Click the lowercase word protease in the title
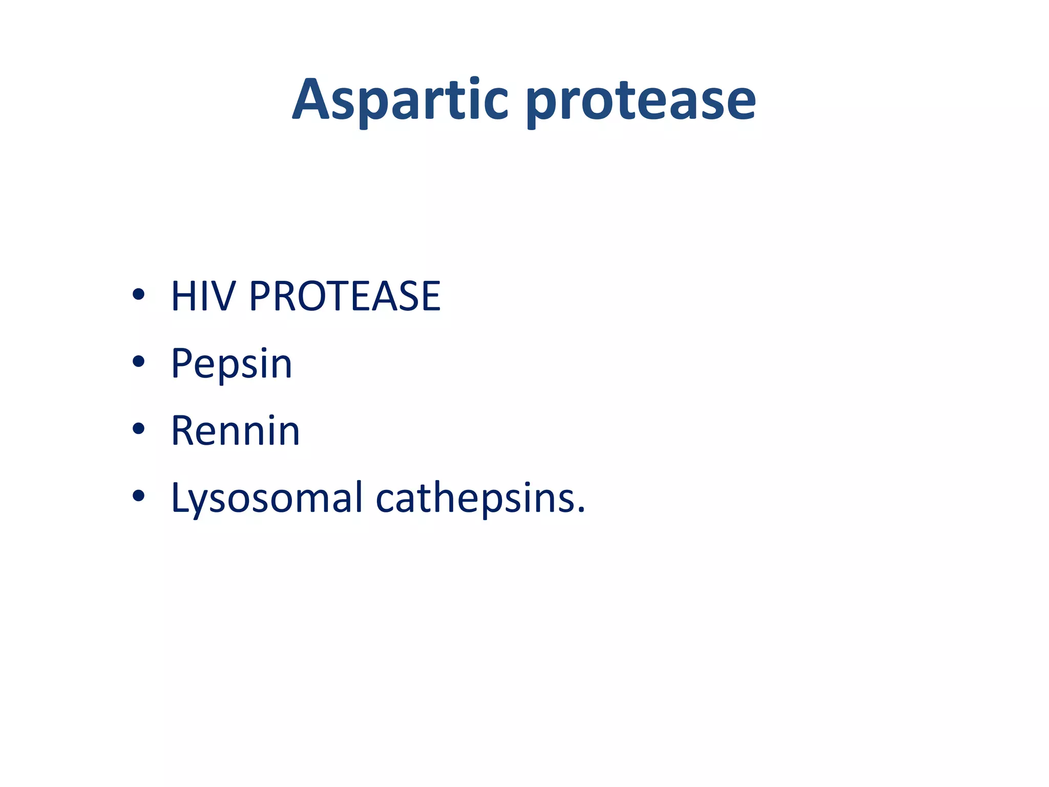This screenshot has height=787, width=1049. [641, 102]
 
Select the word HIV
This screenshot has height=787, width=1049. [203, 296]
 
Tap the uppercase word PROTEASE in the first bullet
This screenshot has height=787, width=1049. [344, 296]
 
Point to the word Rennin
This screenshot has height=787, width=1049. [235, 431]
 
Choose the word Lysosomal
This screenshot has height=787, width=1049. [266, 499]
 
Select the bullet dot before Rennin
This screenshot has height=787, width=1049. [138, 429]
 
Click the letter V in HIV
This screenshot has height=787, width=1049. [223, 296]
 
